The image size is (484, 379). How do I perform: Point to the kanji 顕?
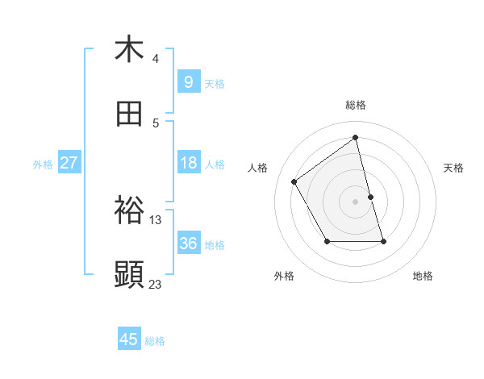[129, 275]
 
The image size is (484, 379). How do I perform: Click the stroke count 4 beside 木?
[156, 59]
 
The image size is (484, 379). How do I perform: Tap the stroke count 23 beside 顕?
[156, 284]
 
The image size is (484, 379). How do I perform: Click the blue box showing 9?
[188, 81]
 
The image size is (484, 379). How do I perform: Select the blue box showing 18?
[188, 163]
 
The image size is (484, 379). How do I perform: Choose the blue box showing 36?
[188, 244]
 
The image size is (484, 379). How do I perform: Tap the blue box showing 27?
[69, 163]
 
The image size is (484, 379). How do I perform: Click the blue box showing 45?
[129, 339]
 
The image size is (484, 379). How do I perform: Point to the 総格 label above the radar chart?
[356, 105]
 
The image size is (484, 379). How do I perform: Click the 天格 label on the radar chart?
[454, 168]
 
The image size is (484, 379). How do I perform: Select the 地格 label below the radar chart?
[423, 276]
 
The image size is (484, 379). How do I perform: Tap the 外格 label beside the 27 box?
[43, 165]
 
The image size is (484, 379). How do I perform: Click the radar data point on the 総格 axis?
[356, 137]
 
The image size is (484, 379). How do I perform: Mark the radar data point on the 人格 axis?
[294, 181]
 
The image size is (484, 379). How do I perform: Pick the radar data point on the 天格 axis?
[371, 197]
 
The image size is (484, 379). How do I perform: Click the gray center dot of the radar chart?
[356, 202]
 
